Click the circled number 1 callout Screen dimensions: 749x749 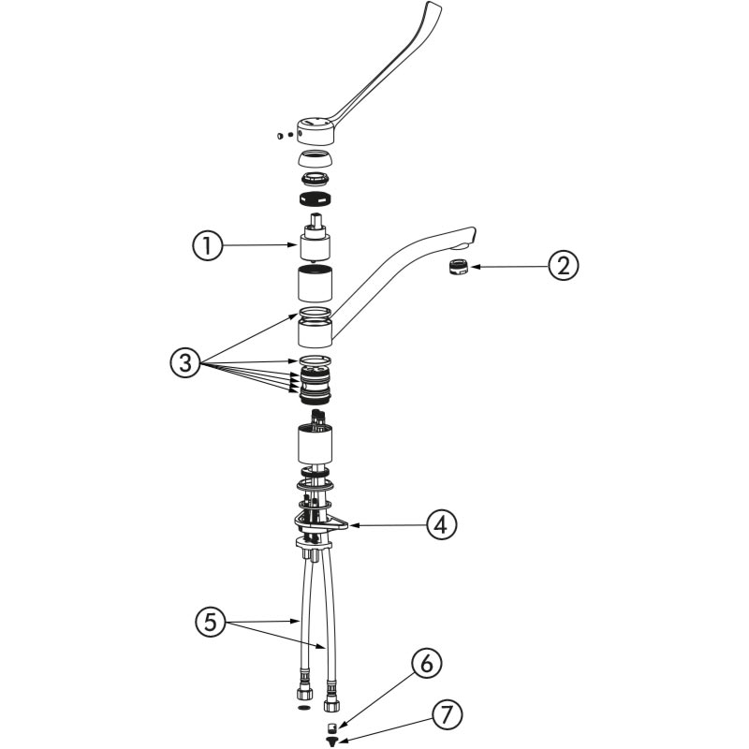click(x=207, y=246)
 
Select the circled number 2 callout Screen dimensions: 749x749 click(x=564, y=266)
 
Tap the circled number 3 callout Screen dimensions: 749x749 click(x=184, y=362)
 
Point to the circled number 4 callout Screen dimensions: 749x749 click(x=442, y=525)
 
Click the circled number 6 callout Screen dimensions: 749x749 click(x=426, y=663)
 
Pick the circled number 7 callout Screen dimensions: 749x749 click(x=448, y=715)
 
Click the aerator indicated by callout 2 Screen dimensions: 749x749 click(x=459, y=267)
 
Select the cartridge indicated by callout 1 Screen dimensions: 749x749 click(x=316, y=238)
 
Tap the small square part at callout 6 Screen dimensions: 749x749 click(x=332, y=728)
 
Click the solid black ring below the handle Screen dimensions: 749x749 click(x=316, y=198)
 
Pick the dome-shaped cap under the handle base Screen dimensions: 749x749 click(x=316, y=159)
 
